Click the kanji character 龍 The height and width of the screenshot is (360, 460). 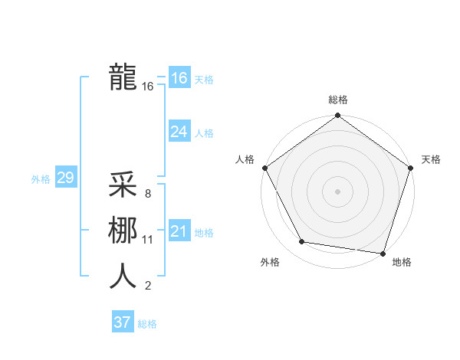coord(123,77)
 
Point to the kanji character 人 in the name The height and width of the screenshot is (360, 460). coord(123,276)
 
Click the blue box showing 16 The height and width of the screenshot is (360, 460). coord(179,78)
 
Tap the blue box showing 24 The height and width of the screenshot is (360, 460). coord(179,132)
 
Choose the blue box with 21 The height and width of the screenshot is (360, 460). coord(179,231)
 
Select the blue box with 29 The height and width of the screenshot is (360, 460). coord(65,178)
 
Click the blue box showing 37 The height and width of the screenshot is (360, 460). coord(122,322)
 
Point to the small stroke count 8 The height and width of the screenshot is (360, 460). coord(147,194)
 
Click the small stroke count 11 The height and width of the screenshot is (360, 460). coord(147,240)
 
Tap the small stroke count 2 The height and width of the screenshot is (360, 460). coord(147,286)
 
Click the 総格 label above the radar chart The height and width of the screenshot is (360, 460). coord(337,100)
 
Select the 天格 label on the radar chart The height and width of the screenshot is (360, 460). coord(431,159)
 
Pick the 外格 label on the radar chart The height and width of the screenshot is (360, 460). coord(270,262)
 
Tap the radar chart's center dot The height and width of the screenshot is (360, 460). coord(337,191)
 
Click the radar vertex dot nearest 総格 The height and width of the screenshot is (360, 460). coord(337,116)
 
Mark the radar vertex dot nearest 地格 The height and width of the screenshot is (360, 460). coord(383,253)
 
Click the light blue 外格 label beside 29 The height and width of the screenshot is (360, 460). coord(41,179)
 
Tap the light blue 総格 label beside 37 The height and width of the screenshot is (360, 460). coord(147,324)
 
